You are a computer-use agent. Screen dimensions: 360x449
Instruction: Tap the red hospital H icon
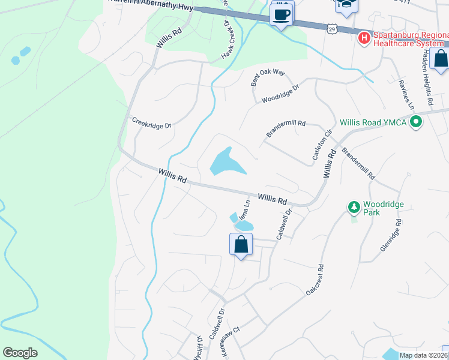[364, 38]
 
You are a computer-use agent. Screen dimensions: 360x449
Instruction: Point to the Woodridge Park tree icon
[354, 207]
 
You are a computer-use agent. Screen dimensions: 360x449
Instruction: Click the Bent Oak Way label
[267, 77]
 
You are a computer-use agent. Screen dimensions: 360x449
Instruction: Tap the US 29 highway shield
[332, 28]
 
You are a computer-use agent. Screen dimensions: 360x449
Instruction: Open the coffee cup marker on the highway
[281, 14]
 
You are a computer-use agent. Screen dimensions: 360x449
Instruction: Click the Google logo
[20, 353]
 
